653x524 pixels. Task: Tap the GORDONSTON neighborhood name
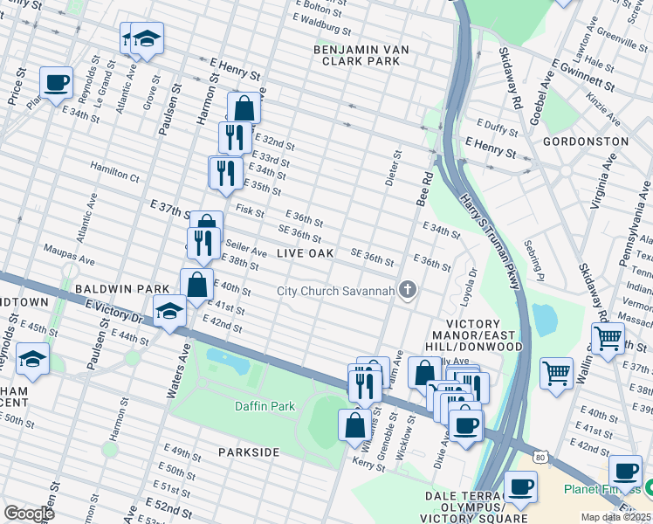click(585, 141)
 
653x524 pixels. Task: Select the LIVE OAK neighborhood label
click(306, 253)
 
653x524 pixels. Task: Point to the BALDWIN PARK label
click(121, 288)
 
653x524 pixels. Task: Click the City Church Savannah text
click(336, 291)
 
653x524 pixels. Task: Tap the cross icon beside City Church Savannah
click(407, 291)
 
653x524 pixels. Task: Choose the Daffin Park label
click(265, 406)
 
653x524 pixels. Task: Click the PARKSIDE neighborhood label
click(249, 452)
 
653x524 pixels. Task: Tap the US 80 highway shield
click(541, 457)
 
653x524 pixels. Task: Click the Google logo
click(28, 513)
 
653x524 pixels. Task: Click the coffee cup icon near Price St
click(57, 83)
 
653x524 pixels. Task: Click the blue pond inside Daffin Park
click(228, 358)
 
